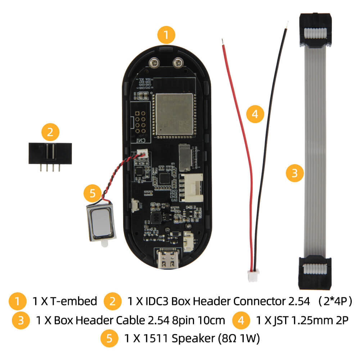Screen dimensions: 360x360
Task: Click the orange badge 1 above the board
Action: tap(166, 35)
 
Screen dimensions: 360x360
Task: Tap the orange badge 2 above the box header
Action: tap(50, 132)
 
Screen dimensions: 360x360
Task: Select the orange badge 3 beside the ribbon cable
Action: tap(295, 174)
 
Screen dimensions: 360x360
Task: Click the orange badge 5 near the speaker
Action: tap(93, 194)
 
